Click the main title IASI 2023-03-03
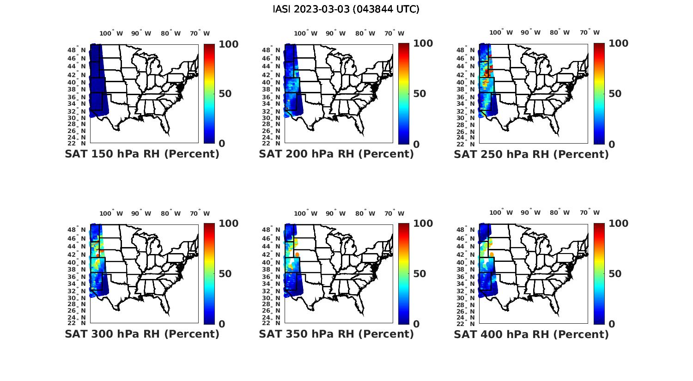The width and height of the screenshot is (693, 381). coord(346,9)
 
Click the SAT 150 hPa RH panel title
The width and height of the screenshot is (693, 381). coord(142,154)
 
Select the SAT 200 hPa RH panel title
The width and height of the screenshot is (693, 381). coord(336,154)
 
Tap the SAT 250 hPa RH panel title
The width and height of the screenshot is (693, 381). coord(531,154)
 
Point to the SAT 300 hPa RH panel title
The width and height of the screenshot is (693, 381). coord(142,334)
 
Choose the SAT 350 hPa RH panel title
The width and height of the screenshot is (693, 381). coord(336,334)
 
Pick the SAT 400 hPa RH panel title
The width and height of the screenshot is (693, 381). coord(531,334)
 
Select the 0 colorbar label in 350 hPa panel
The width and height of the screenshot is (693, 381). coord(416,324)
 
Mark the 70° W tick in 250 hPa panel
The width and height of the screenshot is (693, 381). coord(590,33)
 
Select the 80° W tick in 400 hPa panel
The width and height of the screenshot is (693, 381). coord(560,213)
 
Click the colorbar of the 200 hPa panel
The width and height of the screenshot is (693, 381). coord(404,94)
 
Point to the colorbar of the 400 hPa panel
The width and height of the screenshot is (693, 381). coord(599,273)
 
